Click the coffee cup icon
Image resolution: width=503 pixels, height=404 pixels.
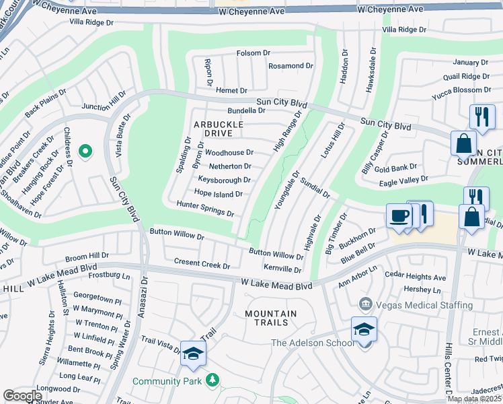(399, 217)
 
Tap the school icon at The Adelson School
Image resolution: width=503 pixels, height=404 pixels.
(364, 330)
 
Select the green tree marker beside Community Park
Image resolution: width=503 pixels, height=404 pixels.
(212, 381)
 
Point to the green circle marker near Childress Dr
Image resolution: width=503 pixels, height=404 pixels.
(85, 152)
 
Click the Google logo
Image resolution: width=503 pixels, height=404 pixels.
(23, 396)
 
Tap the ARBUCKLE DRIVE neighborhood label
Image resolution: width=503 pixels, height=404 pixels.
(218, 129)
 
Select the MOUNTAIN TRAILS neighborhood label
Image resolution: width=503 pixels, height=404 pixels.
(270, 318)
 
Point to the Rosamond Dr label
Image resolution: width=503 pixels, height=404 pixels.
(291, 66)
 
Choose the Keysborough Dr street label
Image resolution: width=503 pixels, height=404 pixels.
(224, 180)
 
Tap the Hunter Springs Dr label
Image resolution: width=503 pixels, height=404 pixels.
(204, 209)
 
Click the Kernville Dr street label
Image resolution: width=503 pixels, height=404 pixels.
(282, 269)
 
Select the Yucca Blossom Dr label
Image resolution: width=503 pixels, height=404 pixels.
(462, 90)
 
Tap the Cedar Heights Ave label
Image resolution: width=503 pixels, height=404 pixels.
(415, 277)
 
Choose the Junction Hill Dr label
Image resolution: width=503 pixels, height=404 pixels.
(104, 102)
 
